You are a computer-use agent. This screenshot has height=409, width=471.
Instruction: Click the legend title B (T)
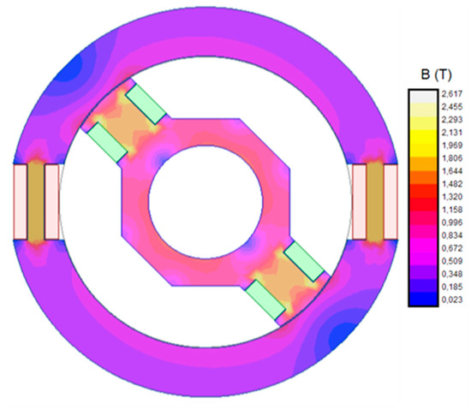pyautogui.click(x=437, y=74)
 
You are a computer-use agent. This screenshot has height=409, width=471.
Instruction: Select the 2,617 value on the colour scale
pyautogui.click(x=452, y=93)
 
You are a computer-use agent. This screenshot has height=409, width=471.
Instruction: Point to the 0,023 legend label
pyautogui.click(x=452, y=299)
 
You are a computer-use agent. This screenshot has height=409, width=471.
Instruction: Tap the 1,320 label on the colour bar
pyautogui.click(x=452, y=197)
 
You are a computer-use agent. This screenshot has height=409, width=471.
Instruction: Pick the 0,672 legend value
pyautogui.click(x=452, y=248)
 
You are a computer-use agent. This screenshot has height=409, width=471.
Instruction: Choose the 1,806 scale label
pyautogui.click(x=452, y=158)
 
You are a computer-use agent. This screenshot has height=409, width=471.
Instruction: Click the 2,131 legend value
pyautogui.click(x=452, y=133)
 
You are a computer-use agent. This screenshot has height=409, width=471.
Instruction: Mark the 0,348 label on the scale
pyautogui.click(x=452, y=274)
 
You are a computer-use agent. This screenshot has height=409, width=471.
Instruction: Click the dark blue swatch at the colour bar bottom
pyautogui.click(x=423, y=299)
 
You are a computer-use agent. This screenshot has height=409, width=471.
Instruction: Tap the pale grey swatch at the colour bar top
pyautogui.click(x=423, y=97)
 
